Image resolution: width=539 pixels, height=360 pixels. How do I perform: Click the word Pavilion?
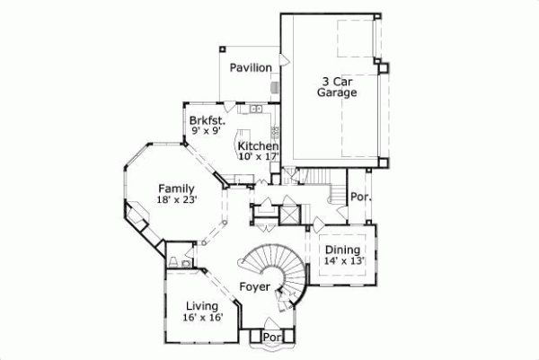pos(250,67)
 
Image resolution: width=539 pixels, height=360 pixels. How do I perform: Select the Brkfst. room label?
pos(206,119)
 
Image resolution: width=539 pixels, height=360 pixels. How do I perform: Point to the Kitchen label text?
pos(258,145)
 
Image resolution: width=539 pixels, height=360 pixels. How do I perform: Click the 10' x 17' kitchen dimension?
pos(258,156)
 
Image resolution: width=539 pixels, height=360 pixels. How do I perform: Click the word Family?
pos(177,189)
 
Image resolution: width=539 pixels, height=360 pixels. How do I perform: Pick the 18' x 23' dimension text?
pos(177,200)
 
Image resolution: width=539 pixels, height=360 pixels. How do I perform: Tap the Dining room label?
pos(342,250)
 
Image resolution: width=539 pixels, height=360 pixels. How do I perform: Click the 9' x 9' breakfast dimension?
pos(206,130)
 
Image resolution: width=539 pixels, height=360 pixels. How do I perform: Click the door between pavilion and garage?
pos(284,60)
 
